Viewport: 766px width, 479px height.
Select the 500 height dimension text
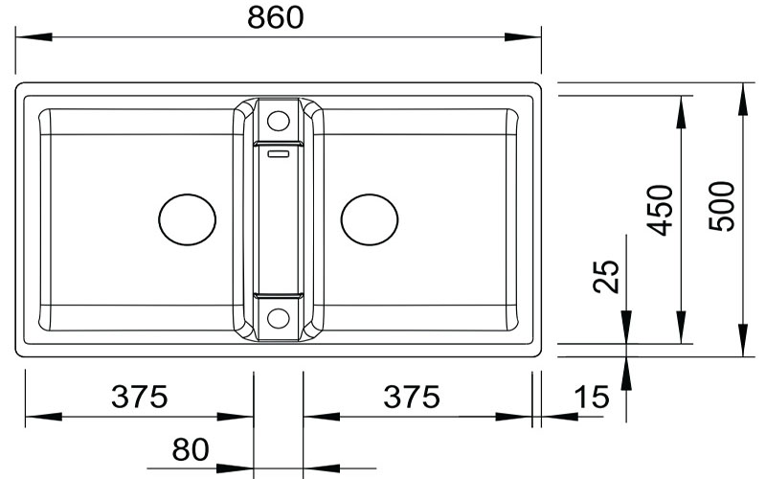click(x=725, y=205)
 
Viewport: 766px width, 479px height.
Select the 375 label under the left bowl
click(x=139, y=396)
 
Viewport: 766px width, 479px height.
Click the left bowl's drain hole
click(x=187, y=219)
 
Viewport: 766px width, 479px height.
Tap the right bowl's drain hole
click(x=370, y=219)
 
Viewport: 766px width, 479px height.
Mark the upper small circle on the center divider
click(x=278, y=121)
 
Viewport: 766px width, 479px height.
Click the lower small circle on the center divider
click(x=278, y=318)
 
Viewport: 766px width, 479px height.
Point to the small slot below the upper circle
click(x=278, y=150)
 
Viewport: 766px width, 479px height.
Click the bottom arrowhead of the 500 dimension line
click(x=743, y=339)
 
